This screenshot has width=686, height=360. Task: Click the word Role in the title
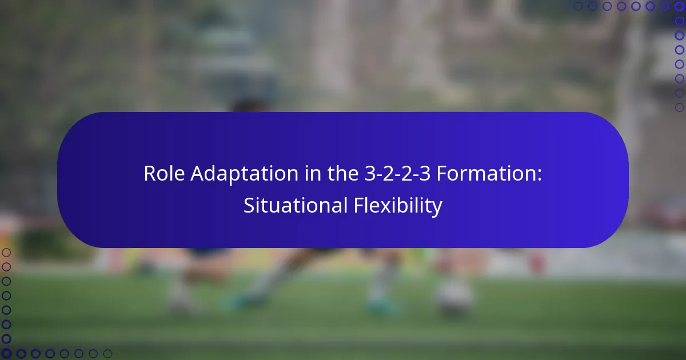click(162, 173)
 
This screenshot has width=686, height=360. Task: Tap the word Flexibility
click(395, 206)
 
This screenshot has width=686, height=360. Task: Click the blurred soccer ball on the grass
click(454, 297)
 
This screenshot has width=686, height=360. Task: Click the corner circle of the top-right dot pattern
click(679, 6)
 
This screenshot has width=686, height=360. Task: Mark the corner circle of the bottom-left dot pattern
click(6, 354)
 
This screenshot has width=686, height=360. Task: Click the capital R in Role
click(150, 173)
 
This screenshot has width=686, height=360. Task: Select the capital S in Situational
click(249, 206)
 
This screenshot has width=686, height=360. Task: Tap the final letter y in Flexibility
click(437, 207)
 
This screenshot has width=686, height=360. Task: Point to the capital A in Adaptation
click(198, 173)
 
